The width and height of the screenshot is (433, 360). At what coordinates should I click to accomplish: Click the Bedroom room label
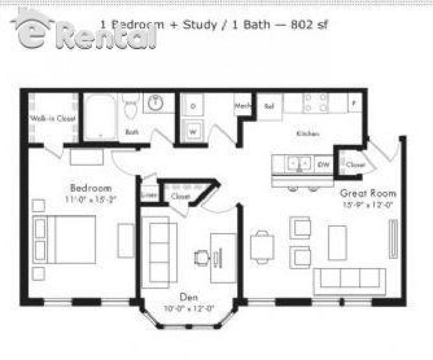click(x=91, y=188)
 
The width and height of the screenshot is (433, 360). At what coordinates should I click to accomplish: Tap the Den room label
click(x=189, y=298)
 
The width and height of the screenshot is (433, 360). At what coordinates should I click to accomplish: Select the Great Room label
click(x=368, y=193)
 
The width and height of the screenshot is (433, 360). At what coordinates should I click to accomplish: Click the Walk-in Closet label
click(x=53, y=118)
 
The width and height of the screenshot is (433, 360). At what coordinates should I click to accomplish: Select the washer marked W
click(x=193, y=132)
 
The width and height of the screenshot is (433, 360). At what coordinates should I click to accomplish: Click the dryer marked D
click(x=193, y=106)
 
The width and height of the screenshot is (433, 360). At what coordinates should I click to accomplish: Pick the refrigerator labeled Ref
click(x=269, y=107)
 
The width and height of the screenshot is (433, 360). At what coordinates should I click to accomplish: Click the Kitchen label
click(x=307, y=134)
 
